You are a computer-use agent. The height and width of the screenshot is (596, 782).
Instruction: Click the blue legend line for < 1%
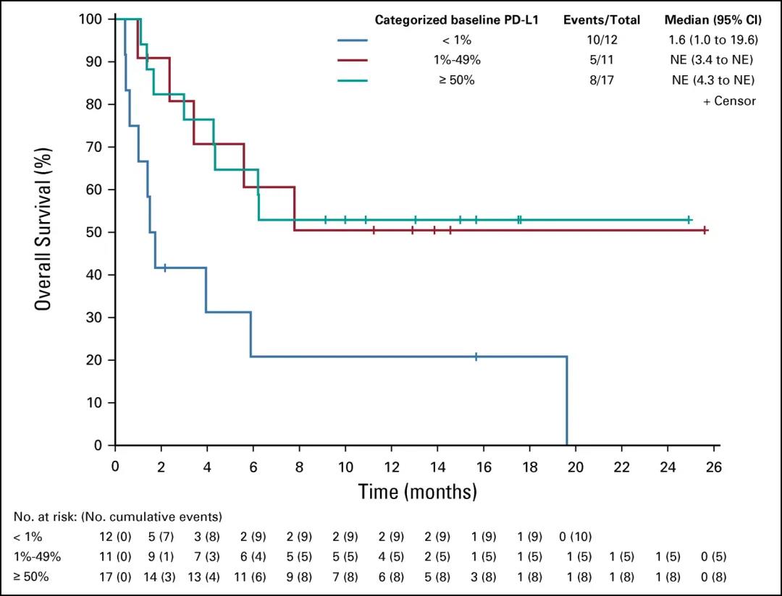click(353, 41)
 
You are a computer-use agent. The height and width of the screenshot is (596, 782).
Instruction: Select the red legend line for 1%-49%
click(353, 61)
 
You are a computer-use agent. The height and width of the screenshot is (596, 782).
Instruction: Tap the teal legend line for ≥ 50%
click(353, 80)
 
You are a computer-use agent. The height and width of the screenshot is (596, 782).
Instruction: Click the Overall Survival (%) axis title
click(44, 231)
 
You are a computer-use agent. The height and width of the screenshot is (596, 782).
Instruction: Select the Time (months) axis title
click(418, 493)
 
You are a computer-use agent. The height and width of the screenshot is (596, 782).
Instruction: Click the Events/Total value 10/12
click(602, 41)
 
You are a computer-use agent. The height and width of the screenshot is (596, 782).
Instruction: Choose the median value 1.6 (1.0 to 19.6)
click(713, 41)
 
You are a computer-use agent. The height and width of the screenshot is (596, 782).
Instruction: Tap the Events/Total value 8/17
click(602, 80)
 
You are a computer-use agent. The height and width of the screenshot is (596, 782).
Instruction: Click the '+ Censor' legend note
click(729, 101)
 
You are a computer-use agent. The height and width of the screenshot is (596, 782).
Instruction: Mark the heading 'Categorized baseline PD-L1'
click(456, 20)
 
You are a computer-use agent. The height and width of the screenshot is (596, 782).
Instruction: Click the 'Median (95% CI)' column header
click(713, 20)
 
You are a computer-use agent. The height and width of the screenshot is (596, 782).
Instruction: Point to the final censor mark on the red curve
click(705, 230)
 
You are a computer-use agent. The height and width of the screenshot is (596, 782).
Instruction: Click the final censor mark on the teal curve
click(689, 219)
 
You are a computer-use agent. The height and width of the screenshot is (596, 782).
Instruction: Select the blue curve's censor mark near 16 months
click(476, 356)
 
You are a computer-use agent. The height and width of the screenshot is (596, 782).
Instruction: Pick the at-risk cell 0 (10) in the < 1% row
click(576, 537)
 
